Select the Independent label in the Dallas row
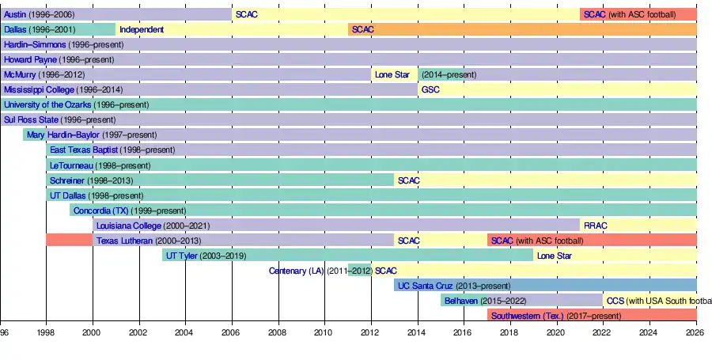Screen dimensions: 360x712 (142, 29)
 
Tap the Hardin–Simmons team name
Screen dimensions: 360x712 (35, 44)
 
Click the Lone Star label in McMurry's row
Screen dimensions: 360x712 (392, 74)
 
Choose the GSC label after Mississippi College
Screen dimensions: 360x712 (430, 89)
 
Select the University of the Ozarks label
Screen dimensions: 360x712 (47, 104)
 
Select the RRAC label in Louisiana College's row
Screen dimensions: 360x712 (596, 225)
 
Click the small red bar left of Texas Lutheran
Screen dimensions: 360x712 (69, 240)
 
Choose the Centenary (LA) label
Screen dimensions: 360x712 (297, 271)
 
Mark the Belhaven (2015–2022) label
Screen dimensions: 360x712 (460, 301)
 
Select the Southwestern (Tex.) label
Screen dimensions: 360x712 (527, 316)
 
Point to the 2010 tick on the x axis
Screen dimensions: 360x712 (324, 334)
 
